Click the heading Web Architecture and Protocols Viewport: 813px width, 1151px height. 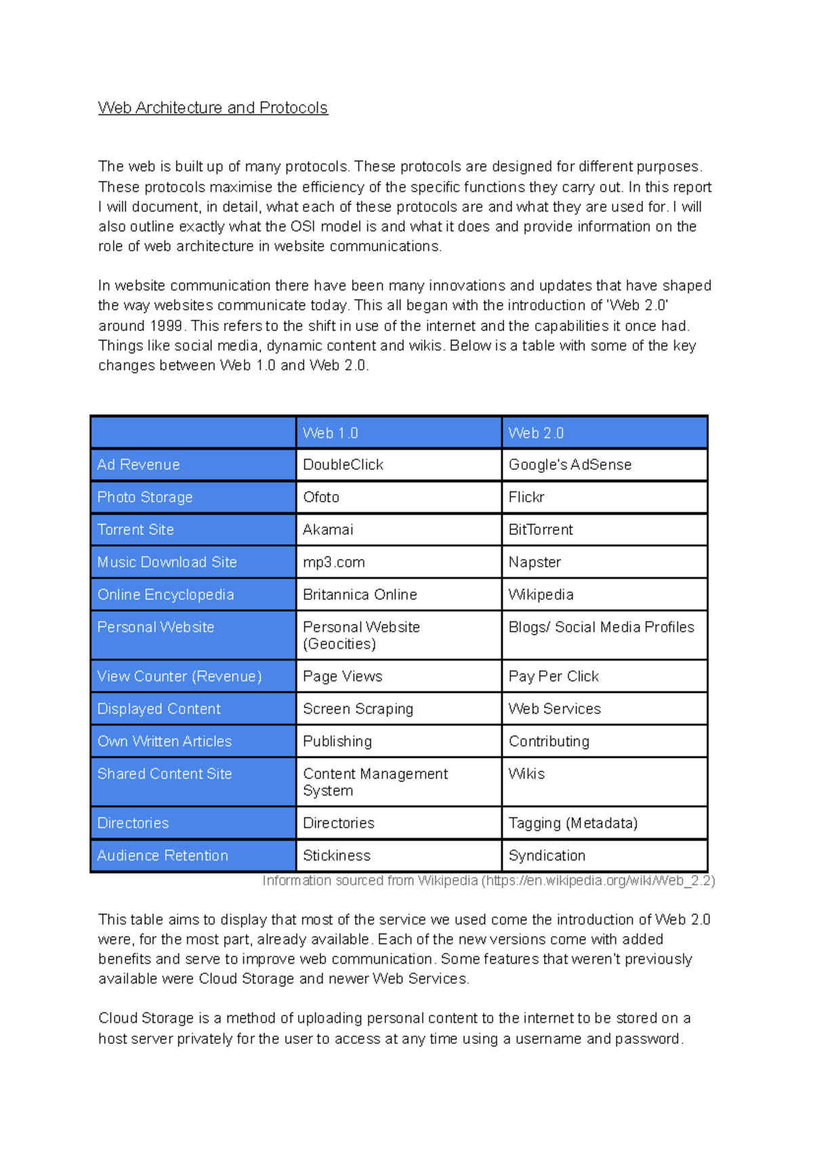pyautogui.click(x=213, y=108)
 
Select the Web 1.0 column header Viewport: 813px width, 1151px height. pyautogui.click(x=331, y=433)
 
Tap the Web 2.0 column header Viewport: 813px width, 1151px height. pyautogui.click(x=536, y=433)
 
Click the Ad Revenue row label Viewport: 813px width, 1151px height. pyautogui.click(x=138, y=465)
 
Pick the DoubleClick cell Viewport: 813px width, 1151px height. pyautogui.click(x=343, y=465)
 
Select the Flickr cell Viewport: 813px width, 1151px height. pyautogui.click(x=526, y=498)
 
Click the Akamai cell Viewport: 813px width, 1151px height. pyautogui.click(x=328, y=530)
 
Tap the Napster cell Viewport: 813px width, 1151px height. pyautogui.click(x=535, y=563)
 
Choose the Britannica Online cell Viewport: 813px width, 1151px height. pyautogui.click(x=360, y=595)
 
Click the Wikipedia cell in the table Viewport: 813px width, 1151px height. pyautogui.click(x=541, y=595)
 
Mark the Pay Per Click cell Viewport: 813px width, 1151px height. pyautogui.click(x=554, y=677)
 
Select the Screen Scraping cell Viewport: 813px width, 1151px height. pyautogui.click(x=358, y=709)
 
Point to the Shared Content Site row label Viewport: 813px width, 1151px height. pyautogui.click(x=165, y=774)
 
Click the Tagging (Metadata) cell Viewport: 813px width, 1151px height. pyautogui.click(x=573, y=823)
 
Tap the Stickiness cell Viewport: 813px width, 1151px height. pyautogui.click(x=337, y=855)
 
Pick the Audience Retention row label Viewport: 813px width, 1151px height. pyautogui.click(x=163, y=855)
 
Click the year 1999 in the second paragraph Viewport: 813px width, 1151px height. pyautogui.click(x=166, y=326)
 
